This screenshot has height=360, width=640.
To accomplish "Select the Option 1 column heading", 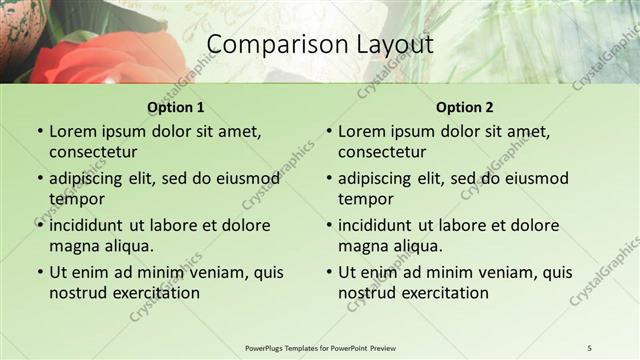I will [176, 107].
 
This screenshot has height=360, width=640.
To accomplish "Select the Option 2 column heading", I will [465, 107].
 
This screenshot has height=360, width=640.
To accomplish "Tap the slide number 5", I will [589, 347].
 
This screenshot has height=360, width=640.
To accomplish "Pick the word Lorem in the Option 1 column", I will [72, 131].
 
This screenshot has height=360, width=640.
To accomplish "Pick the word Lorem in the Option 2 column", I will [361, 131].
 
